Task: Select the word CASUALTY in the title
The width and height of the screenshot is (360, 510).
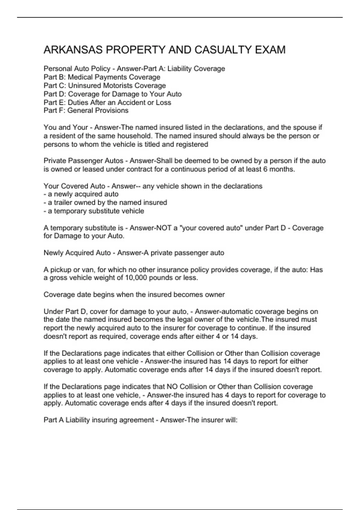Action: tap(223, 50)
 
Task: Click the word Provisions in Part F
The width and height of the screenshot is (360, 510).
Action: tap(113, 110)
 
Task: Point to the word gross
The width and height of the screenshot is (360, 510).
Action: tap(58, 278)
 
